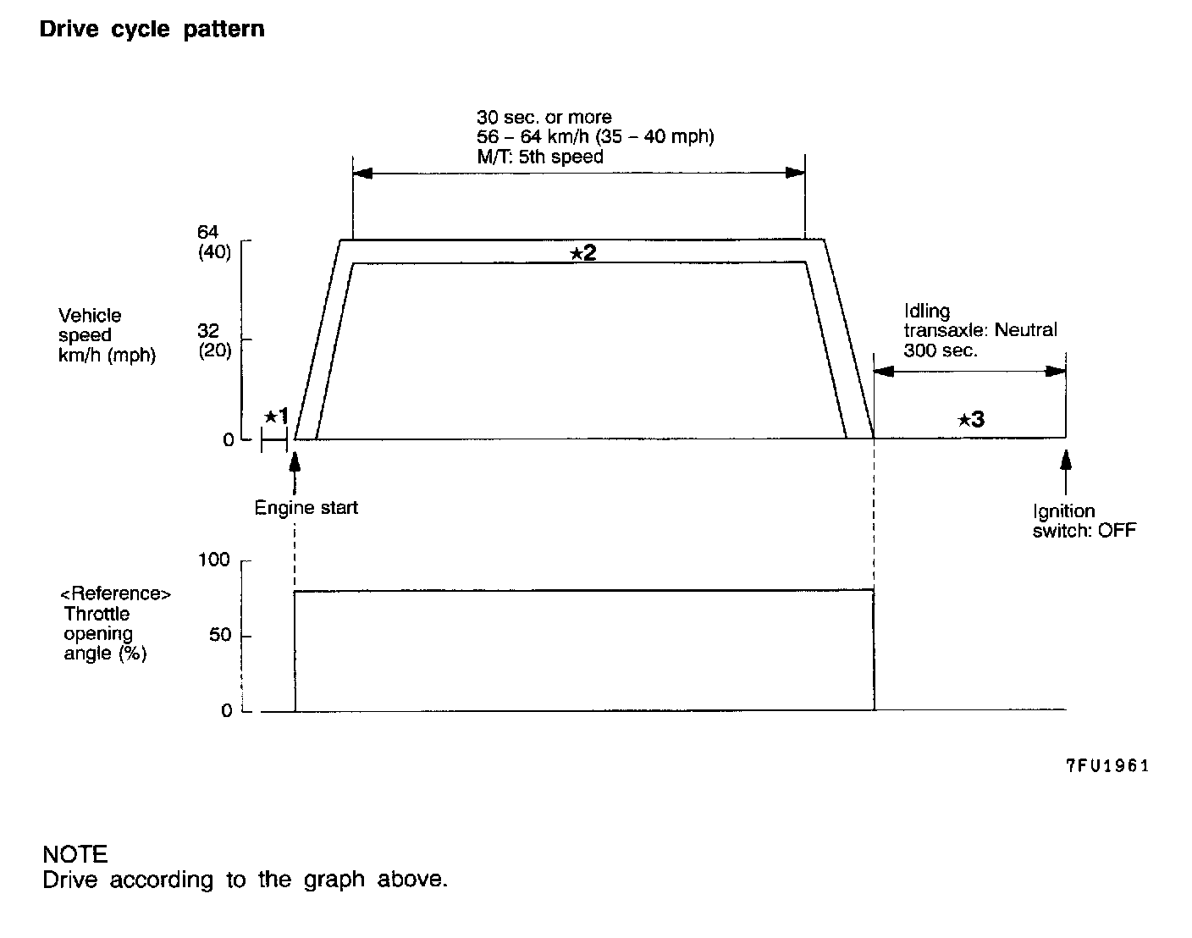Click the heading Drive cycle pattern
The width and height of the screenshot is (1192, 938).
click(152, 30)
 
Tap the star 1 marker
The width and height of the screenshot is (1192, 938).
click(276, 416)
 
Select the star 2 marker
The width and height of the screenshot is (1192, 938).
click(582, 252)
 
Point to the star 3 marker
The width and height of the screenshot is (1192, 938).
click(971, 419)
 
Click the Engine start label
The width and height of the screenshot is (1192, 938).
click(306, 508)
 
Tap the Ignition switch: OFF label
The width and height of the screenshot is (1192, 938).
click(1084, 521)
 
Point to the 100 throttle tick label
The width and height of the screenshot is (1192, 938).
click(213, 560)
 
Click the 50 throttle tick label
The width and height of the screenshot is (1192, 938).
click(220, 635)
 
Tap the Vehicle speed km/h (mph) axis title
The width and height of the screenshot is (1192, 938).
click(107, 335)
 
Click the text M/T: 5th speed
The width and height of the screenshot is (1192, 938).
click(539, 157)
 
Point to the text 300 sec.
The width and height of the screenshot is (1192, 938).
click(940, 350)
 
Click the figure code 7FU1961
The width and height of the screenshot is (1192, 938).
click(1106, 765)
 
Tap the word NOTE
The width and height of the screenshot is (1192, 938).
click(74, 853)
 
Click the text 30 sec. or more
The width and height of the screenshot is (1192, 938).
click(544, 117)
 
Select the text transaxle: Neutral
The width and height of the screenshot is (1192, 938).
click(980, 330)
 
